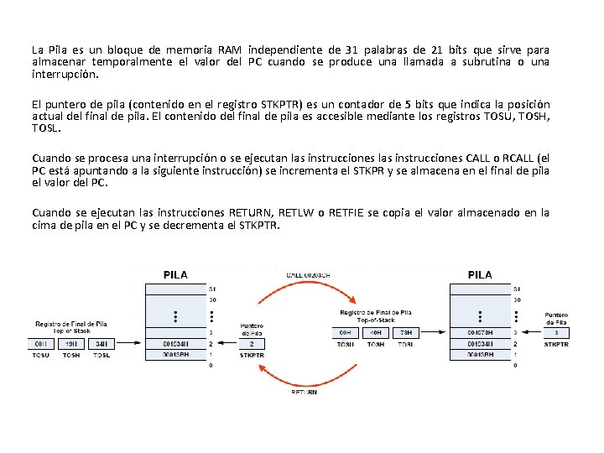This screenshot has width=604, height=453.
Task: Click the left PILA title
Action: pyautogui.click(x=175, y=274)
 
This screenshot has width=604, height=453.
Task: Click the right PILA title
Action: pyautogui.click(x=480, y=274)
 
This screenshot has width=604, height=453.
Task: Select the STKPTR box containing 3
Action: pyautogui.click(x=556, y=332)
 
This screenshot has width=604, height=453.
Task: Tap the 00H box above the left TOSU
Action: pyautogui.click(x=41, y=343)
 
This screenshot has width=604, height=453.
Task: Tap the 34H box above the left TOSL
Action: pyautogui.click(x=102, y=343)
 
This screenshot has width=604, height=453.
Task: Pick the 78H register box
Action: pyautogui.click(x=405, y=332)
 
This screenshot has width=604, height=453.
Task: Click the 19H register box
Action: pyautogui.click(x=71, y=343)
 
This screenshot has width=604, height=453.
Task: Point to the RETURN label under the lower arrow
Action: pyautogui.click(x=304, y=392)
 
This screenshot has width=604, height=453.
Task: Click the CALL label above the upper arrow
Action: pyautogui.click(x=307, y=274)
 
